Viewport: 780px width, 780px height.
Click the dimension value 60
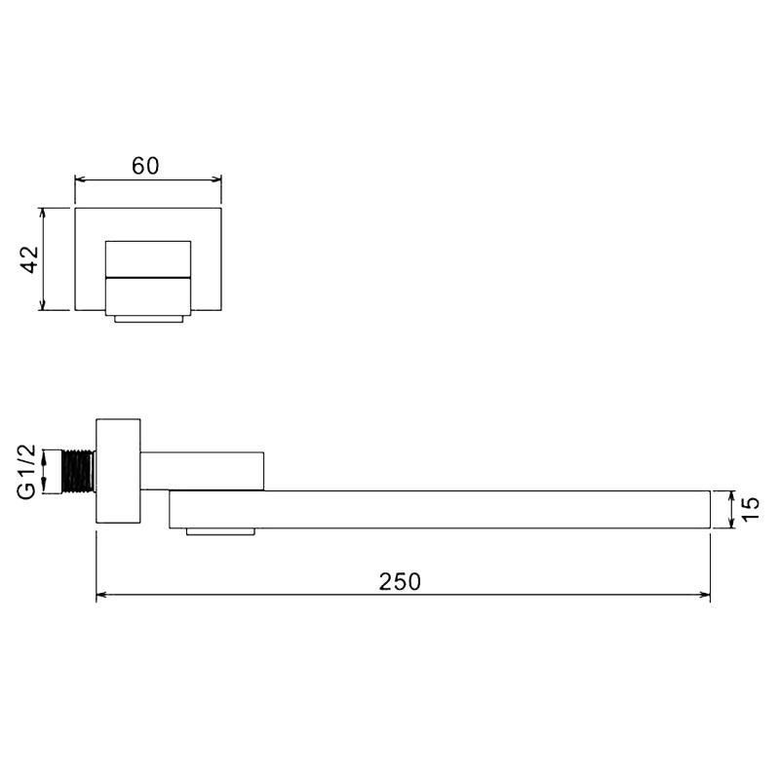[145, 166]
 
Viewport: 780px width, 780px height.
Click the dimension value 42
[30, 259]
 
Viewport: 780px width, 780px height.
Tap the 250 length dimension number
[400, 581]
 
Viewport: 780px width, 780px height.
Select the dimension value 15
[750, 509]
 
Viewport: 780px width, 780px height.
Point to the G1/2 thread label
[27, 472]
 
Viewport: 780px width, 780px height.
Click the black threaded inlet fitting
[79, 472]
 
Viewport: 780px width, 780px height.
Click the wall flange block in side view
[118, 471]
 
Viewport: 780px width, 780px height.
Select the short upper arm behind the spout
[202, 471]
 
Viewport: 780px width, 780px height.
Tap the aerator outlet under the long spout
[220, 531]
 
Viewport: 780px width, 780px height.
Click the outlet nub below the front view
[149, 319]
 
